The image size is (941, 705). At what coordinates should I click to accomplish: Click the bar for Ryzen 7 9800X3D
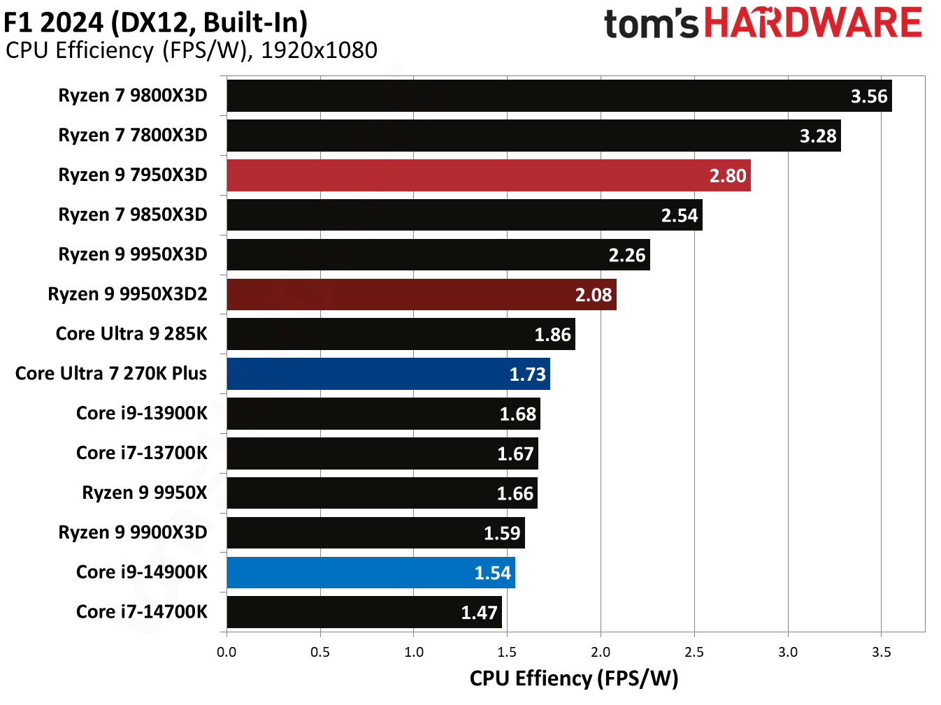(x=559, y=96)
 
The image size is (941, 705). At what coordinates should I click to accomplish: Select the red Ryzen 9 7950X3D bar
(x=488, y=175)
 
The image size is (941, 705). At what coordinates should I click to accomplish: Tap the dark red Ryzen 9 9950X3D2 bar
(x=421, y=294)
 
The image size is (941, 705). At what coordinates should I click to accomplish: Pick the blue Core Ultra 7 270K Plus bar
(x=388, y=374)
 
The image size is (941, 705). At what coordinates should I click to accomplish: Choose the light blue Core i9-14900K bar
(x=371, y=572)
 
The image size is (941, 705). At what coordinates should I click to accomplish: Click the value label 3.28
(x=818, y=136)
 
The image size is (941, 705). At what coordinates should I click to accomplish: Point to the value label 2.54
(x=680, y=215)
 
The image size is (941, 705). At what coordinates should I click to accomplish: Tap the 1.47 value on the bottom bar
(x=479, y=613)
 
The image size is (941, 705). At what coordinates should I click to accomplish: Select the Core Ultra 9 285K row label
(x=131, y=334)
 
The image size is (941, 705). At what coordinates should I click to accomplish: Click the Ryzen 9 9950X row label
(x=145, y=493)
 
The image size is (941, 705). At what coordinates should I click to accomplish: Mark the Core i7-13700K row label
(x=142, y=453)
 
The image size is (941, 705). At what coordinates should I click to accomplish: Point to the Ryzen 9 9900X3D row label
(x=133, y=532)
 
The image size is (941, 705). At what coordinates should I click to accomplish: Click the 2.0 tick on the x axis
(x=601, y=652)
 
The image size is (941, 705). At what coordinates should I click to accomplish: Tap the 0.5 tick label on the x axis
(x=320, y=652)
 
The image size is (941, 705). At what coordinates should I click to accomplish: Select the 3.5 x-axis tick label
(x=882, y=652)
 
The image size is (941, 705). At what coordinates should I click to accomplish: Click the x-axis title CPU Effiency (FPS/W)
(x=574, y=678)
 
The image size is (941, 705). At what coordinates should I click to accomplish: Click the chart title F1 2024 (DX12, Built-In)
(x=156, y=22)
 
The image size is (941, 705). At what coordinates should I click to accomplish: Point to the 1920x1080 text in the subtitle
(x=319, y=50)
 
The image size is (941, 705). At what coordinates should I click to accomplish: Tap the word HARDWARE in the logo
(x=813, y=23)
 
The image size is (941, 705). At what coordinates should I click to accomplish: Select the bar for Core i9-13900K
(x=383, y=414)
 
